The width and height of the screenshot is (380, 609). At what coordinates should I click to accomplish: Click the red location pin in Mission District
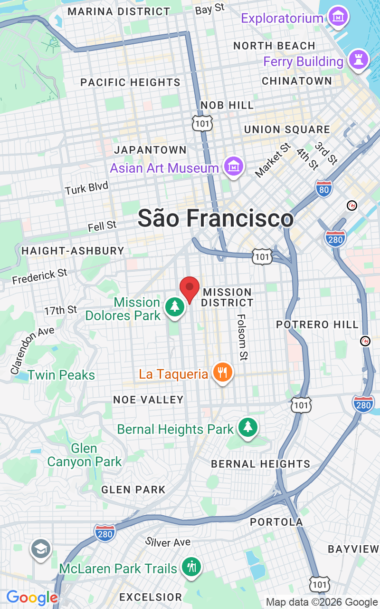(x=190, y=288)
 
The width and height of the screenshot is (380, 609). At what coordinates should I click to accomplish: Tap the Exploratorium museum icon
(x=339, y=17)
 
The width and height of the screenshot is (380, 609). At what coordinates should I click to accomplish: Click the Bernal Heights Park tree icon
(x=247, y=427)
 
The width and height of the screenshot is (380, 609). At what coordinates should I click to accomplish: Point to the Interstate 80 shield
(x=324, y=188)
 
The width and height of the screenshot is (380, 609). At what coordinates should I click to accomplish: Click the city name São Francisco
(x=216, y=218)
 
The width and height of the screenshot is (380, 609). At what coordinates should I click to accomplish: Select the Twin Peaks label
(x=61, y=375)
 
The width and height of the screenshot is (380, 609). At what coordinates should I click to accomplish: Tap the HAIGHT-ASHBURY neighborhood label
(x=73, y=250)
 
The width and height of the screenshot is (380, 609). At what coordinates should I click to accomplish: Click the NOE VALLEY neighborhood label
(x=148, y=400)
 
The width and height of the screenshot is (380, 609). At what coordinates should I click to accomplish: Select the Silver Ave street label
(x=168, y=542)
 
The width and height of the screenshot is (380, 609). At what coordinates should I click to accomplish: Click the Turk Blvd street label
(x=86, y=188)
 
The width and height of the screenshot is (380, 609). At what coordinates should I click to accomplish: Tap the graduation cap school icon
(x=41, y=550)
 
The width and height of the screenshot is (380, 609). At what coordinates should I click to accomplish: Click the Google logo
(x=32, y=598)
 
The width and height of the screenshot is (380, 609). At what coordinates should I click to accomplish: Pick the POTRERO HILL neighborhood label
(x=317, y=324)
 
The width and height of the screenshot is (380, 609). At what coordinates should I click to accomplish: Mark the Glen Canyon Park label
(x=84, y=455)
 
